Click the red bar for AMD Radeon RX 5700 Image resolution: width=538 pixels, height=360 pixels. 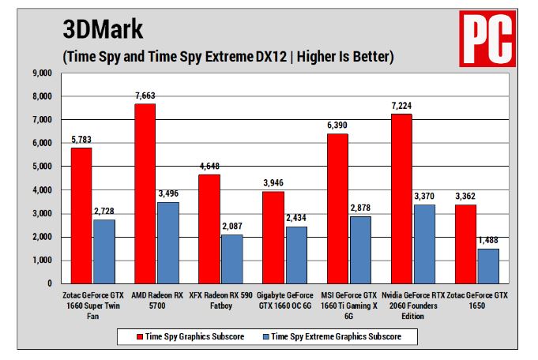[145, 193]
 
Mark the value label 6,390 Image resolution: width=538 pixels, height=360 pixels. [338, 126]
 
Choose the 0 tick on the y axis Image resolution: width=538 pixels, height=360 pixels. [49, 283]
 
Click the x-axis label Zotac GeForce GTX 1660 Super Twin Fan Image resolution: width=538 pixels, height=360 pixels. [81, 304]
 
